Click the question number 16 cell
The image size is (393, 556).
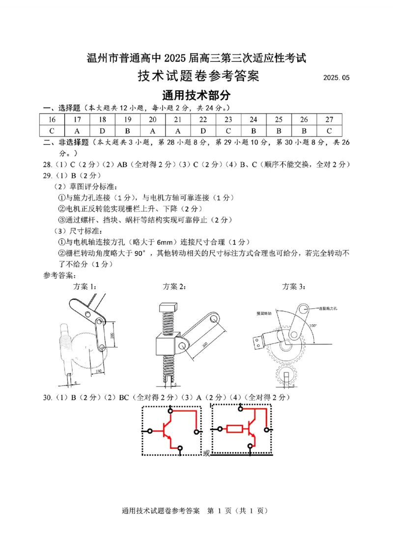tap(52, 119)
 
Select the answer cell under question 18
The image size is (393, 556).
tap(102, 131)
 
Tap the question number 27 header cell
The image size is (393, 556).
tap(329, 119)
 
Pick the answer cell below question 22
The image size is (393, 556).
tap(203, 131)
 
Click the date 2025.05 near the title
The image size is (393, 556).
tap(337, 78)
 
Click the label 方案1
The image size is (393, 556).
tap(84, 286)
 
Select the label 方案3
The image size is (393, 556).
tap(293, 286)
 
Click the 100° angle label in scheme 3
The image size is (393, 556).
tap(313, 325)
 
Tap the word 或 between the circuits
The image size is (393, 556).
tap(206, 453)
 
